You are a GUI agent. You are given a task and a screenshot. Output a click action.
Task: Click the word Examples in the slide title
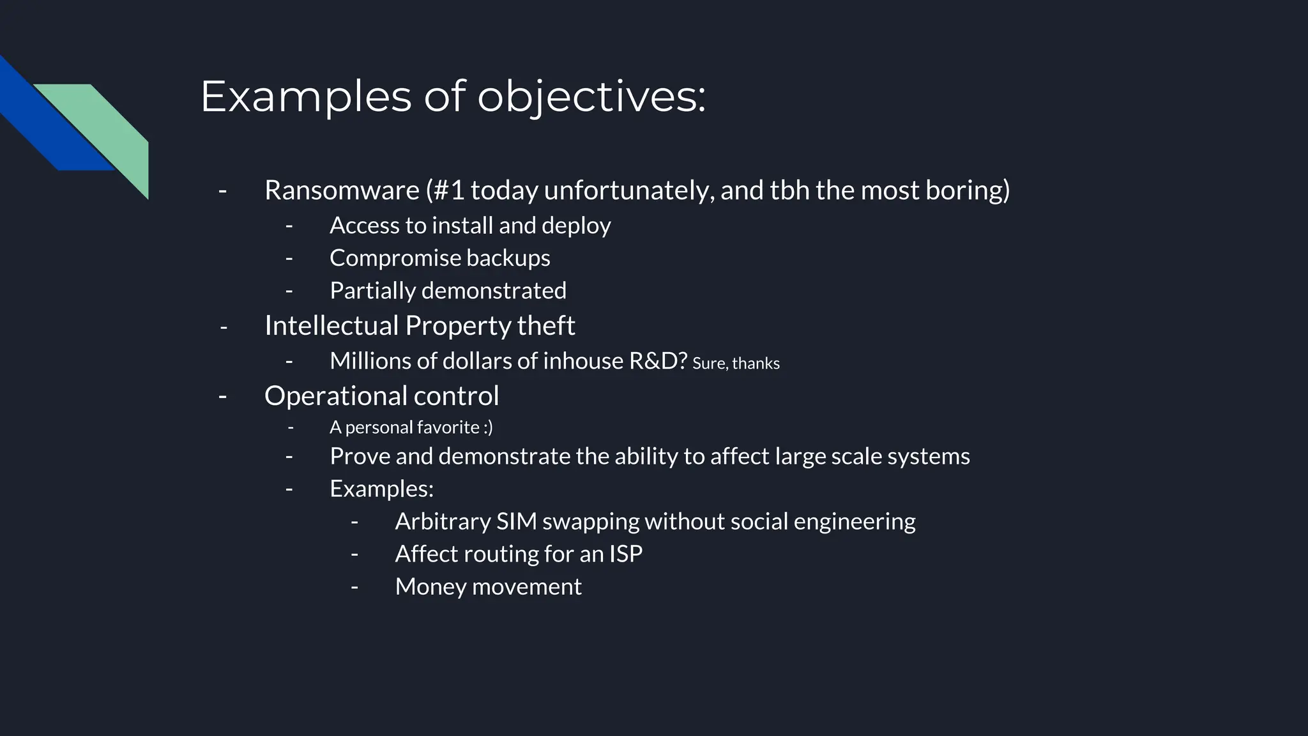coord(306,97)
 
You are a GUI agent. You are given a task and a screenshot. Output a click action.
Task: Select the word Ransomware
coord(342,190)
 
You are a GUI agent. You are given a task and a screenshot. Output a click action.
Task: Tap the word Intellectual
coord(331,326)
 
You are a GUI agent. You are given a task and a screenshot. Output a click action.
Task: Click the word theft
coord(546,326)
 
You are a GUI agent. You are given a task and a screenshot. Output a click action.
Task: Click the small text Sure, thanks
coord(736,364)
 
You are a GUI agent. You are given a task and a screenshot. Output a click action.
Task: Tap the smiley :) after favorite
coord(488,427)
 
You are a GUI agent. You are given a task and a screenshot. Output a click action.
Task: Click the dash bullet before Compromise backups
coord(289,258)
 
